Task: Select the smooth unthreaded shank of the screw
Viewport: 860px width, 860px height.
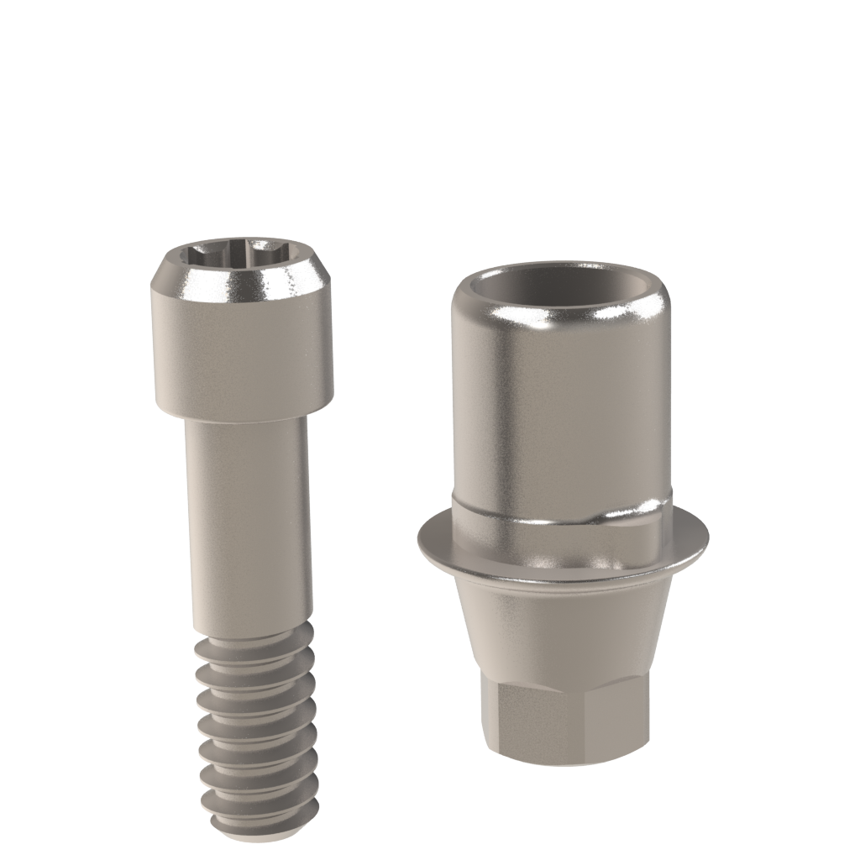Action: (249, 521)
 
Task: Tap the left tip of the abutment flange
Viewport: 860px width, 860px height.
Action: (417, 537)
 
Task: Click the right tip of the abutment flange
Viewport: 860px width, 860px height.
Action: (706, 537)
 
